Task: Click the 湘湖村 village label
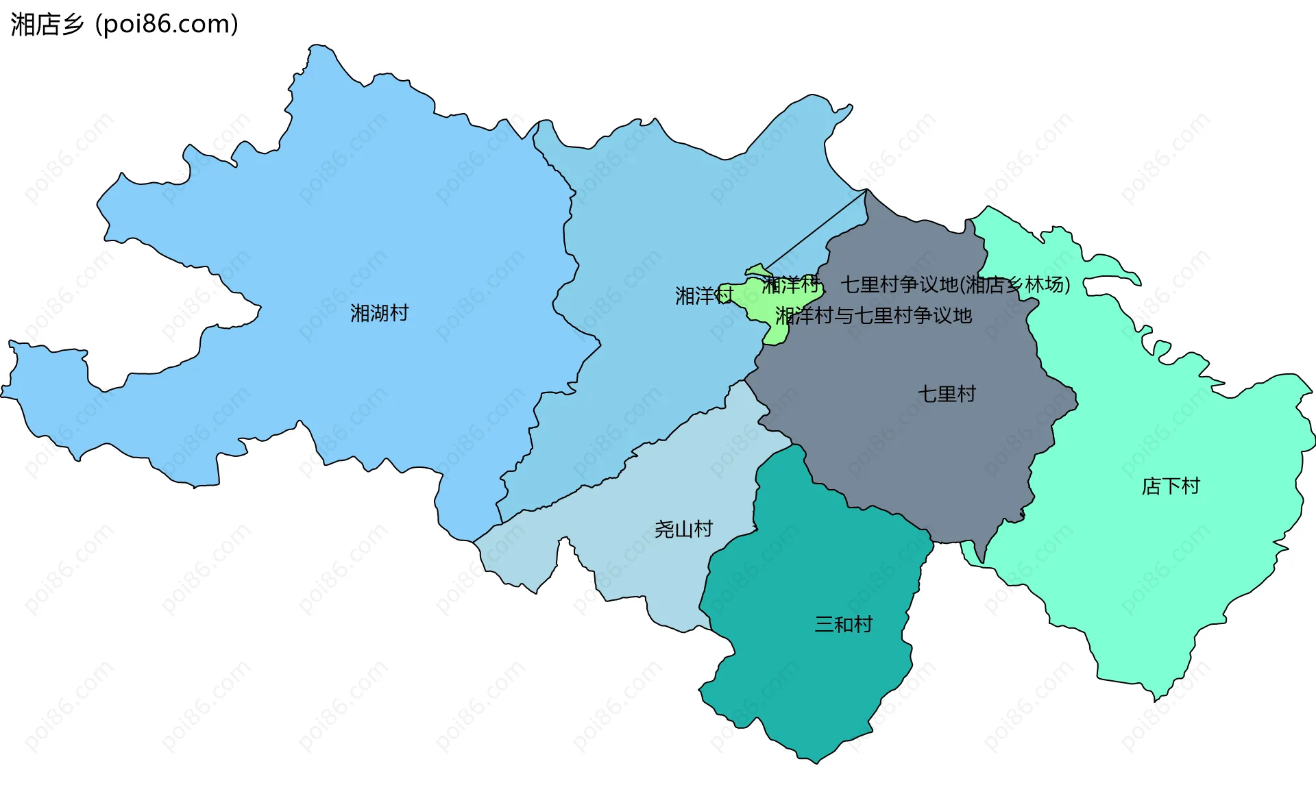(x=379, y=313)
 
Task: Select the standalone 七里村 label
(x=947, y=394)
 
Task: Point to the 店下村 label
(x=1171, y=486)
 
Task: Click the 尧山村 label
(x=683, y=529)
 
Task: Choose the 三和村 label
(x=843, y=624)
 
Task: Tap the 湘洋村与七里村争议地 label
(x=873, y=316)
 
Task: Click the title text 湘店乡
(x=47, y=24)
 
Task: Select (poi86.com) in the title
(x=167, y=24)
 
